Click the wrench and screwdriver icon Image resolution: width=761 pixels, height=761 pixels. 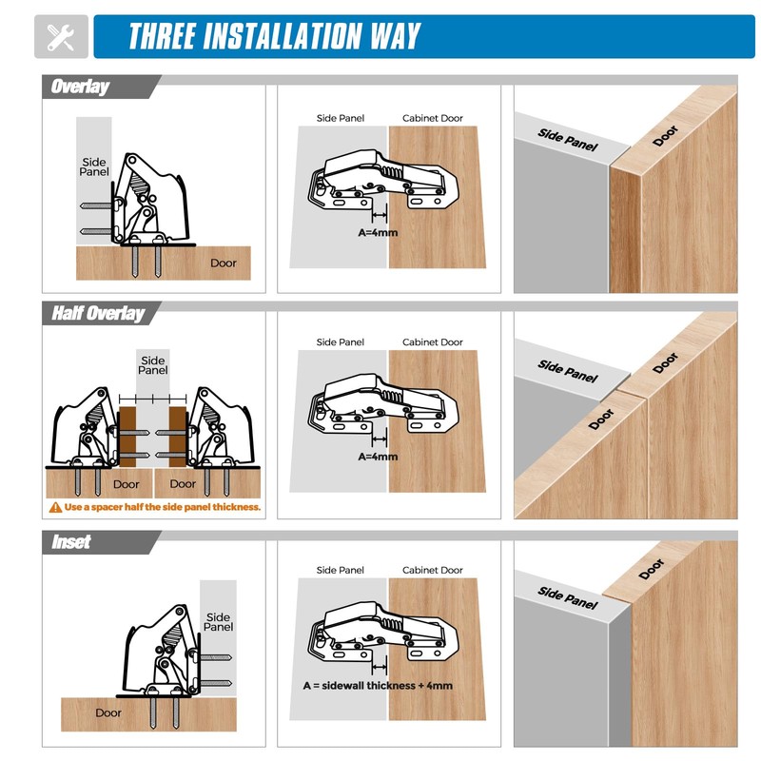[x=61, y=37]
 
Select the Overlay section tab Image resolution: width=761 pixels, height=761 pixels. [x=81, y=87]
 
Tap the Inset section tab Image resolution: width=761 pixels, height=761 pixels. [x=71, y=541]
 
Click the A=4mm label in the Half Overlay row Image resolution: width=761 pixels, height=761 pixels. [x=378, y=457]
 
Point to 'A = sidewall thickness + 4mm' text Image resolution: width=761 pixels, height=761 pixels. [x=378, y=685]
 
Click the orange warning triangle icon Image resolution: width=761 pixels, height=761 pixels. [x=56, y=507]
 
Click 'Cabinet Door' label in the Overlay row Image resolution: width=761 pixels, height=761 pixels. [x=432, y=119]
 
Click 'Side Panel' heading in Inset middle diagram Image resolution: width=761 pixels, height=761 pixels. [x=340, y=571]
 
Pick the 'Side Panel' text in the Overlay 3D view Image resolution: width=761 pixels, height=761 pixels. [x=568, y=139]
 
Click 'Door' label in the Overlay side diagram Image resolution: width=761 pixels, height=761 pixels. [x=224, y=263]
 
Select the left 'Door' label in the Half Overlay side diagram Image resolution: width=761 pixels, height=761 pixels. [x=126, y=484]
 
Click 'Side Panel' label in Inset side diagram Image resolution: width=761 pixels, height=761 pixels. [x=218, y=622]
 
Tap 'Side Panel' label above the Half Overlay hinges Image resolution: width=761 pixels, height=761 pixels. [x=153, y=364]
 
